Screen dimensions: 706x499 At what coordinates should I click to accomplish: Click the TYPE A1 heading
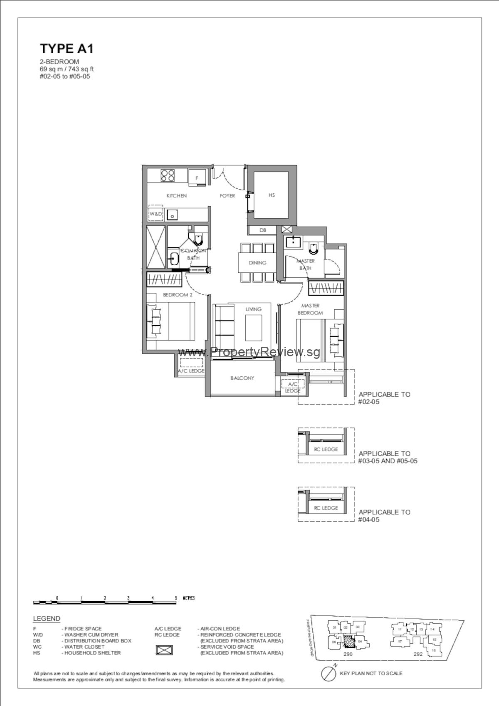(67, 49)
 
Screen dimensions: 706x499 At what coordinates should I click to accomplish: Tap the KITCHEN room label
(177, 195)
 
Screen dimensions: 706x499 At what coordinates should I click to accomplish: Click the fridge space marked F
(197, 178)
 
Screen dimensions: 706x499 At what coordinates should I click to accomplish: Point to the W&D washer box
(156, 214)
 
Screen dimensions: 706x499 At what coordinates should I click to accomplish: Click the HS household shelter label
(272, 195)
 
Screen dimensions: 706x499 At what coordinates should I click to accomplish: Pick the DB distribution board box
(263, 230)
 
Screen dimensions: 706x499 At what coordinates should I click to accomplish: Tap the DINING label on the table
(257, 263)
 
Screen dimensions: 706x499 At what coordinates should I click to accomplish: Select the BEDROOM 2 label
(178, 295)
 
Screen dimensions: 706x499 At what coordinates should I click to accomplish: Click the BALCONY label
(242, 378)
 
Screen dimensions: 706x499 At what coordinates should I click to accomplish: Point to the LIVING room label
(253, 309)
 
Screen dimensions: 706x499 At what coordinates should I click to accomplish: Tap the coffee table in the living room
(254, 328)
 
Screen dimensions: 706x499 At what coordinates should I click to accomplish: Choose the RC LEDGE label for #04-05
(326, 508)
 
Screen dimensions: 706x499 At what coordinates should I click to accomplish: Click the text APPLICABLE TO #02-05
(384, 398)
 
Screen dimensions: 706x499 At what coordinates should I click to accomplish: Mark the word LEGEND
(47, 619)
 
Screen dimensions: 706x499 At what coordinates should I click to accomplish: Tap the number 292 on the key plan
(418, 654)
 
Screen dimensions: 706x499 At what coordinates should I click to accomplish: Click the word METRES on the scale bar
(188, 598)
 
